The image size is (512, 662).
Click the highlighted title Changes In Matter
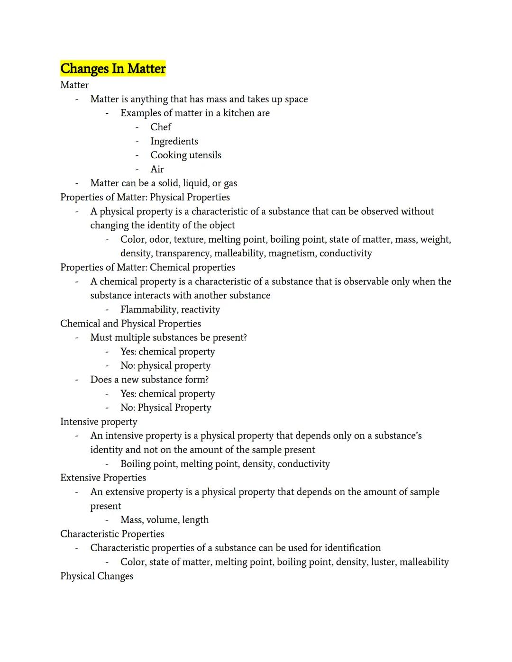tap(113, 69)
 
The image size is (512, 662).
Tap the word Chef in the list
tap(161, 127)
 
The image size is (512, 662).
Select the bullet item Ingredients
tap(174, 141)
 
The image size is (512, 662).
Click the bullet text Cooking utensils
tap(186, 155)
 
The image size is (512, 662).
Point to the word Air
tap(157, 169)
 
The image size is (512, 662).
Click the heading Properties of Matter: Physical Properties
tap(145, 197)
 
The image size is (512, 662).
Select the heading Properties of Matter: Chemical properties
tap(147, 267)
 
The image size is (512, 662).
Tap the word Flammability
tap(149, 309)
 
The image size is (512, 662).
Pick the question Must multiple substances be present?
tap(168, 337)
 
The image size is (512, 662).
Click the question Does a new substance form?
tap(149, 380)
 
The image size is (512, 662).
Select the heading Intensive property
tap(99, 422)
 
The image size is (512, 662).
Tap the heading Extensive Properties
tap(103, 478)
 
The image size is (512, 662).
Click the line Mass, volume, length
tap(165, 520)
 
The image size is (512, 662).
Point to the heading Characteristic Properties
tap(112, 534)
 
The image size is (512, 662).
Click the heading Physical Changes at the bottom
tap(97, 576)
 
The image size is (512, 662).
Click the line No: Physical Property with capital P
tap(165, 408)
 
